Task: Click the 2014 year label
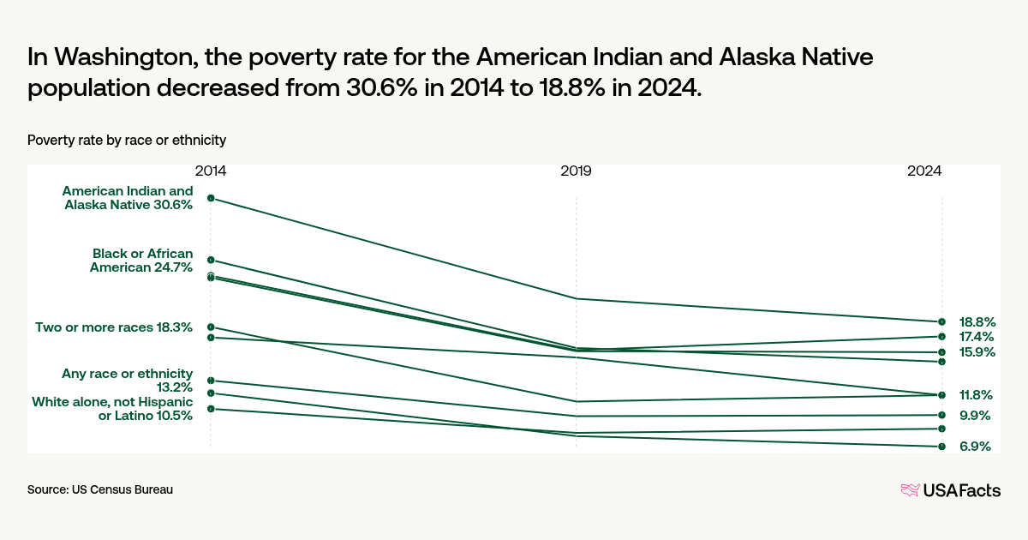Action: (x=211, y=171)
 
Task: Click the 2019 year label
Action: (x=576, y=171)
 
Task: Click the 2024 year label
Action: (x=925, y=171)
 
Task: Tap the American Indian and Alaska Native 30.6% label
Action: (x=128, y=197)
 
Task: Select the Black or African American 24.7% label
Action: (x=141, y=260)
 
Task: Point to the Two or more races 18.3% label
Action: (x=114, y=327)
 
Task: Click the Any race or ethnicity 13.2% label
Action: (x=127, y=381)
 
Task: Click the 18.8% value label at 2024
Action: (x=977, y=322)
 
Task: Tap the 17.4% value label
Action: (x=977, y=337)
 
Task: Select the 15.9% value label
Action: (x=977, y=352)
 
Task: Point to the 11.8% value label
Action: (x=977, y=395)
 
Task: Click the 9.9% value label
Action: (x=975, y=416)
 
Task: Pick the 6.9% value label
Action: (x=975, y=447)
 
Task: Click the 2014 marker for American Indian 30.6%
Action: (x=211, y=198)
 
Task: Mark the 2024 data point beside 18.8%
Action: (x=941, y=322)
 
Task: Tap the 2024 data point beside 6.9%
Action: (x=941, y=447)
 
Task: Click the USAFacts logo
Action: (x=950, y=490)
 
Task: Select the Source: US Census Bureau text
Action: (x=100, y=489)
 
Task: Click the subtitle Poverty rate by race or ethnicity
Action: (x=127, y=140)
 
